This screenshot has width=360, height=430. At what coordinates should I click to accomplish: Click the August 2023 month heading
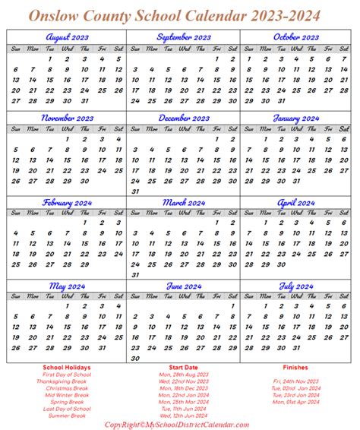coord(67,36)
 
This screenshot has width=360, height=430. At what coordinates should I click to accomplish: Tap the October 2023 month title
coord(298,36)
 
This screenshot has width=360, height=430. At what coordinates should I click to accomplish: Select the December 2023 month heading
coord(182,119)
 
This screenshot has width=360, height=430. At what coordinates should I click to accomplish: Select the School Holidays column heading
coord(67,346)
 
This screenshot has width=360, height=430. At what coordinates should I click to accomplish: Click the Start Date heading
coord(182,346)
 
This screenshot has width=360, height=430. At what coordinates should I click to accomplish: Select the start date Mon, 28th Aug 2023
coord(182,354)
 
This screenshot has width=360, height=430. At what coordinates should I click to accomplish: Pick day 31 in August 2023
coord(84,100)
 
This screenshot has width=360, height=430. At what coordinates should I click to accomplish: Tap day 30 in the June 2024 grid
coord(134,337)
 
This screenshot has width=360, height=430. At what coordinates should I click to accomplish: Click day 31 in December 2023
coord(134,191)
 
